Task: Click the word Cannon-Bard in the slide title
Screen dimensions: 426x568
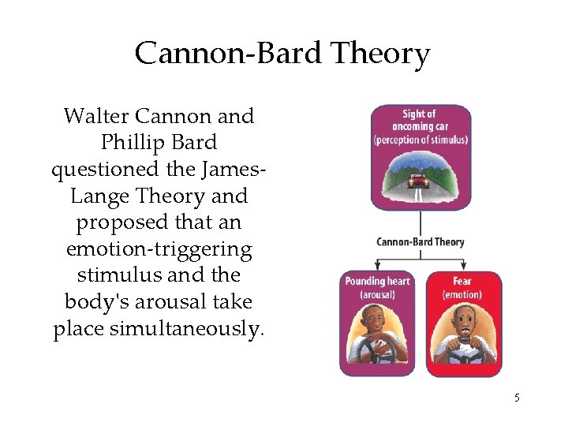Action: pyautogui.click(x=230, y=54)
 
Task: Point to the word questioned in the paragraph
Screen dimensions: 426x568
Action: pyautogui.click(x=98, y=170)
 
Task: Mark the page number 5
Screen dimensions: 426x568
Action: pyautogui.click(x=517, y=398)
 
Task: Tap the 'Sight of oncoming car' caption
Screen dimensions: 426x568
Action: pyautogui.click(x=420, y=126)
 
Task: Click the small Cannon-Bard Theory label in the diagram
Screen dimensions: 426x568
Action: pyautogui.click(x=420, y=241)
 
